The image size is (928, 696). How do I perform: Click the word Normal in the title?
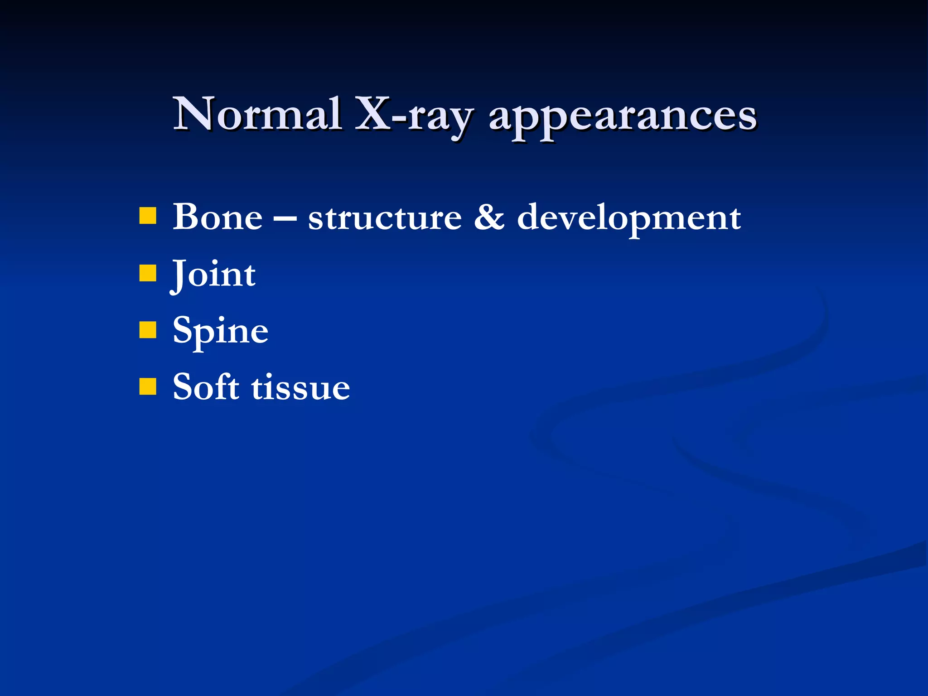(257, 114)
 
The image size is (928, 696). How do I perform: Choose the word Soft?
(206, 387)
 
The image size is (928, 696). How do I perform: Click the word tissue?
(300, 388)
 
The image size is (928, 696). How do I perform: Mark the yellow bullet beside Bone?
(148, 216)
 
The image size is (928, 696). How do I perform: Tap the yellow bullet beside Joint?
(148, 273)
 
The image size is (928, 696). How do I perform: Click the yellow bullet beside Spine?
(148, 330)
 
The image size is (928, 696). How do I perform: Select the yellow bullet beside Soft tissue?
(148, 387)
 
